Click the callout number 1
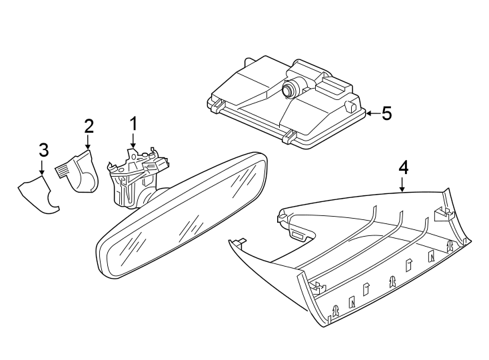(x=133, y=123)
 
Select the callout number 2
(x=88, y=126)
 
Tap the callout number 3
(x=43, y=149)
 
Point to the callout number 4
(x=402, y=167)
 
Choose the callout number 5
(x=386, y=113)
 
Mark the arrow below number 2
(x=88, y=143)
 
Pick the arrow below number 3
(x=43, y=167)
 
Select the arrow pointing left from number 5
(x=372, y=114)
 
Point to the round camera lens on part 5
(x=290, y=88)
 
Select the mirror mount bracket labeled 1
(x=133, y=177)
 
